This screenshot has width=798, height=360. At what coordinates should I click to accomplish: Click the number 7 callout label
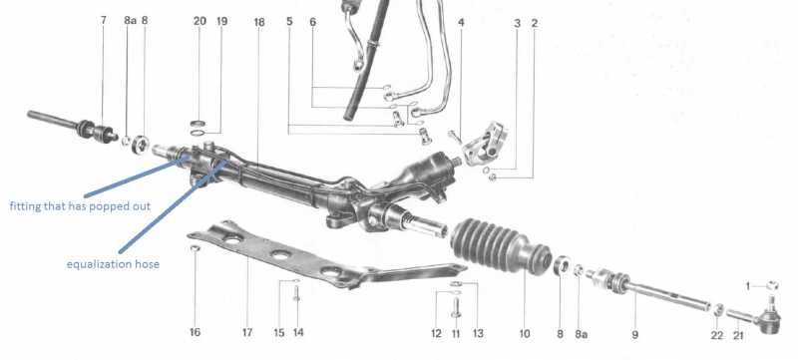click(x=104, y=20)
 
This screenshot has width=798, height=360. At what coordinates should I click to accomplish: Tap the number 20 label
click(x=200, y=21)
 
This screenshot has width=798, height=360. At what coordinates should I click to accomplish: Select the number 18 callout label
click(x=259, y=22)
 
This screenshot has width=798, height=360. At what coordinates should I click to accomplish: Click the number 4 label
click(x=461, y=22)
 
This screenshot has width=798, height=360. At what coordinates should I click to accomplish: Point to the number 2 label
click(x=535, y=23)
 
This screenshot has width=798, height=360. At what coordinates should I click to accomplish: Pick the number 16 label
click(x=195, y=332)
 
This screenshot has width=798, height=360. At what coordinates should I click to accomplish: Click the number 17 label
click(x=247, y=332)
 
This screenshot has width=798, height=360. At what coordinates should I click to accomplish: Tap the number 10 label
click(x=525, y=334)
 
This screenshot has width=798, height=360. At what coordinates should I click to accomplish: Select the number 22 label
click(x=717, y=336)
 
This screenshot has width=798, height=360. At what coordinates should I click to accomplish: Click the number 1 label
click(x=748, y=287)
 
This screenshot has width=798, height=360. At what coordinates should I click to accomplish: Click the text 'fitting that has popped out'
click(x=80, y=206)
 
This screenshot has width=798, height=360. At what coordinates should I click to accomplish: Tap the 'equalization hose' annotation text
click(x=113, y=264)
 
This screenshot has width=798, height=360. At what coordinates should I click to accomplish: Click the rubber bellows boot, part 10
click(x=501, y=245)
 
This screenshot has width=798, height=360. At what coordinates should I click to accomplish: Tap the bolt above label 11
click(x=456, y=308)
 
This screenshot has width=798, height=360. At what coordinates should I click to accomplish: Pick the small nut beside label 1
click(x=771, y=285)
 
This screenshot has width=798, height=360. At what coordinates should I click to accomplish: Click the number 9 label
click(x=635, y=335)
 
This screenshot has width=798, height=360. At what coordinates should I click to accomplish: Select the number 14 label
click(x=298, y=332)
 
